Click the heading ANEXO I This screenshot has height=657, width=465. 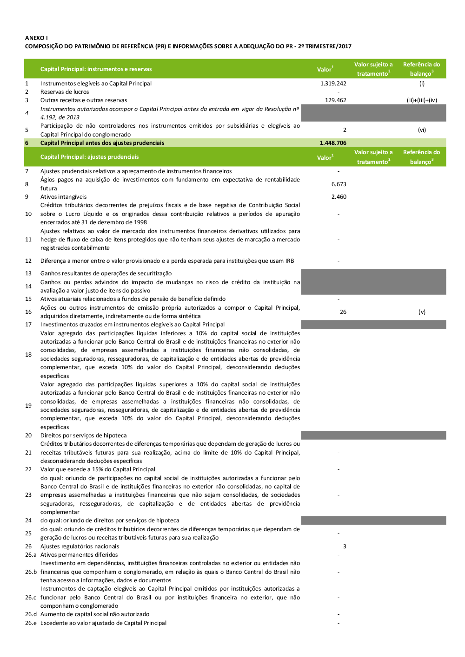click(36, 38)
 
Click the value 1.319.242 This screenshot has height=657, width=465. click(333, 84)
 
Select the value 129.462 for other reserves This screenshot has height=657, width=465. click(335, 100)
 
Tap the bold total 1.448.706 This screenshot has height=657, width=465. click(333, 143)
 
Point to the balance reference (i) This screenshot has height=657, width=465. click(422, 84)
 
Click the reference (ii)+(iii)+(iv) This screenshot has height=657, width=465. click(422, 100)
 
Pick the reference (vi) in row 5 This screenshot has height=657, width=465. click(422, 130)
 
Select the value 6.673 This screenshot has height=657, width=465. click(339, 184)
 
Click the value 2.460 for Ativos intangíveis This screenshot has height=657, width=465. click(339, 197)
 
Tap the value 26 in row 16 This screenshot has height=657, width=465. click(343, 312)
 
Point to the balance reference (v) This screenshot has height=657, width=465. click(422, 312)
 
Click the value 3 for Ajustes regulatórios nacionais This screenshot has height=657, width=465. click(345, 546)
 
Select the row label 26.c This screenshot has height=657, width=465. click(31, 598)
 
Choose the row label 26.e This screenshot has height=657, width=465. click(31, 623)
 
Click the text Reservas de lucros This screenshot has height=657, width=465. click(65, 92)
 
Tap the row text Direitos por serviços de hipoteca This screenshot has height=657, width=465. click(83, 436)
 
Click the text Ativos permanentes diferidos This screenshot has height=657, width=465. click(79, 555)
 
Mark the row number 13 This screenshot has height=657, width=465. click(28, 273)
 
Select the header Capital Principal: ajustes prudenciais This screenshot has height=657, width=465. click(89, 157)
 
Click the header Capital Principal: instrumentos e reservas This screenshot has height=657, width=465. click(96, 69)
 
